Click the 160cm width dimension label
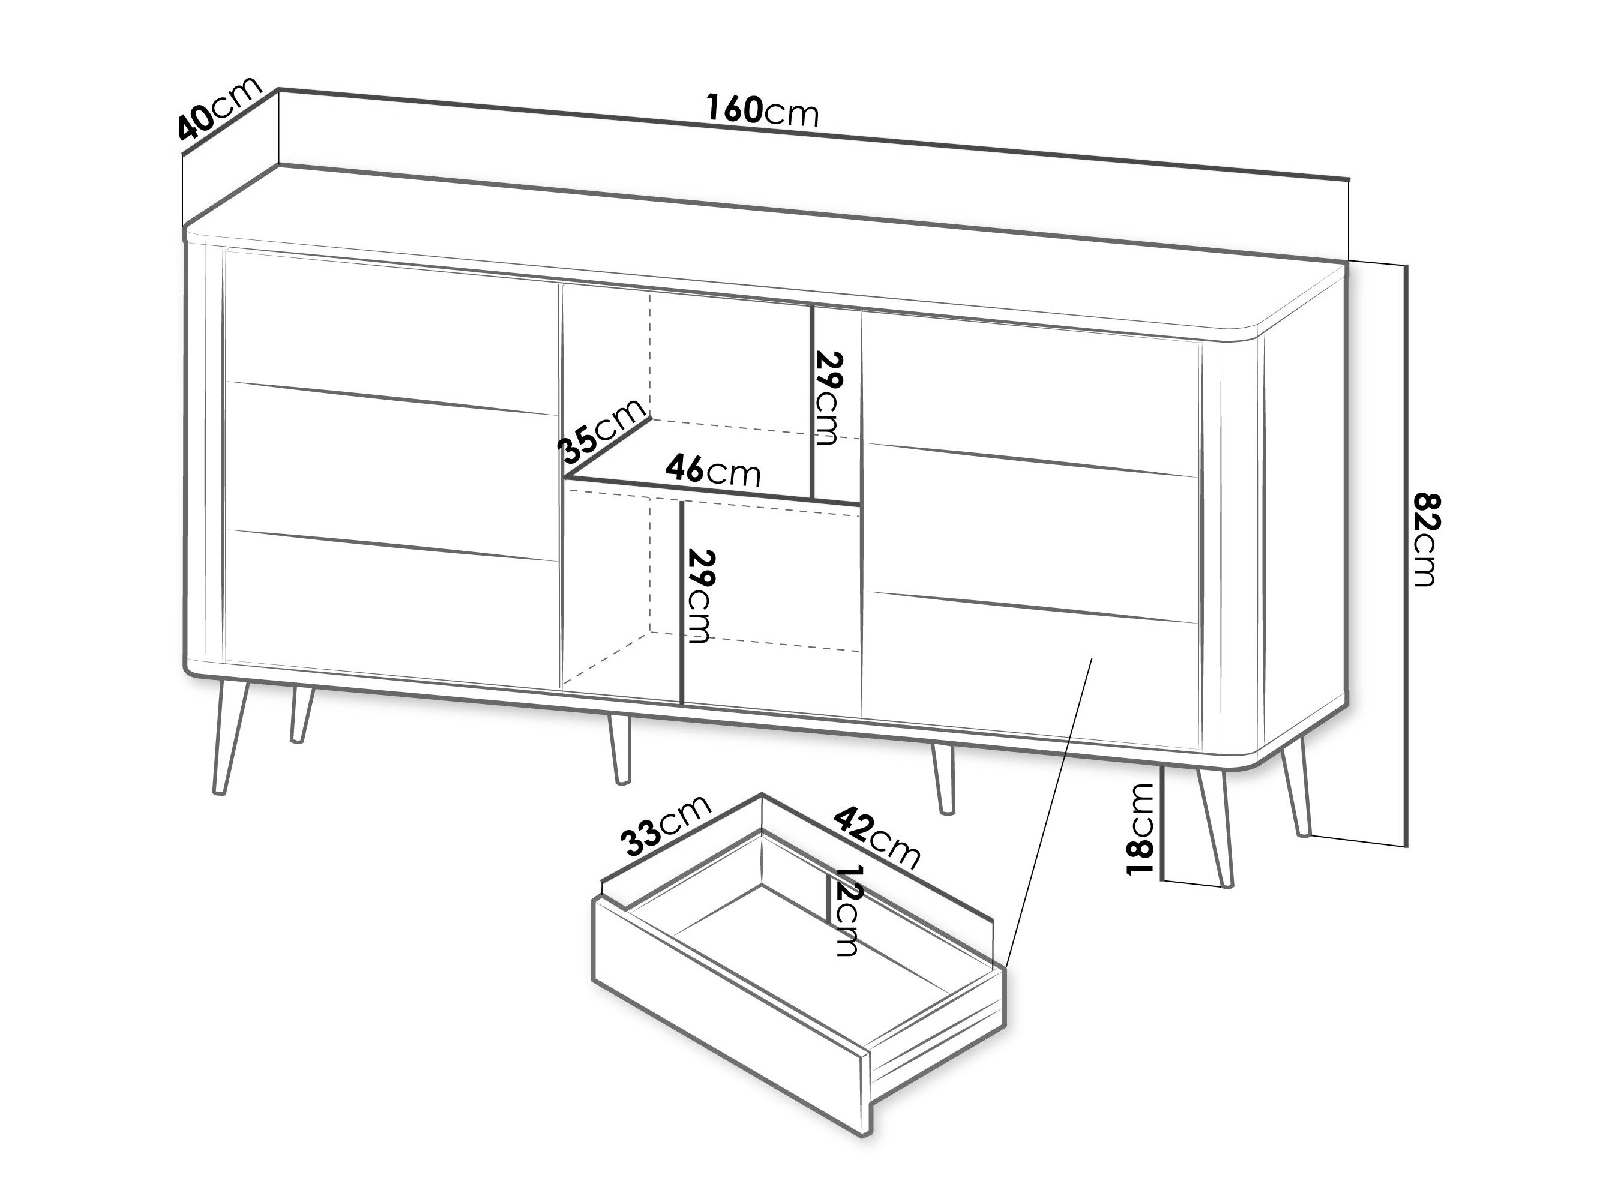(762, 111)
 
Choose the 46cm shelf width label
(713, 471)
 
